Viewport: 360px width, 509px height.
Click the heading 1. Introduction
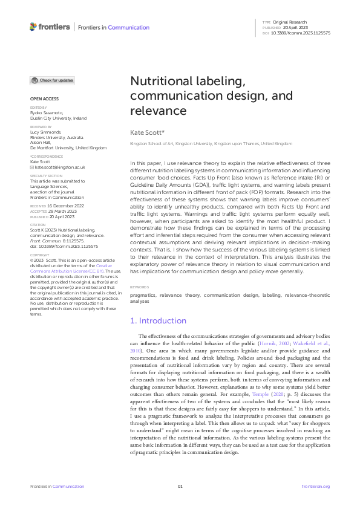click(159, 320)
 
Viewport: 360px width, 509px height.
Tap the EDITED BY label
click(38, 108)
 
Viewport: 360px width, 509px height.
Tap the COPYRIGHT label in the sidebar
click(39, 255)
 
